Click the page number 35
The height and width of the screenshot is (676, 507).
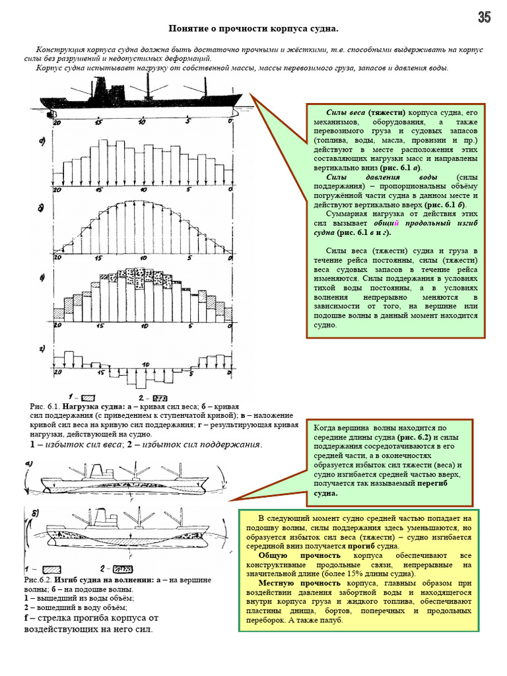(x=485, y=18)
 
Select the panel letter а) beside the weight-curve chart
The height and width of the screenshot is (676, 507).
(x=42, y=141)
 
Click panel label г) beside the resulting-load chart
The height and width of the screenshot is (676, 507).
(x=42, y=348)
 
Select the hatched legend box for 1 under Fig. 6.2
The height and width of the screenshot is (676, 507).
(x=51, y=568)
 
